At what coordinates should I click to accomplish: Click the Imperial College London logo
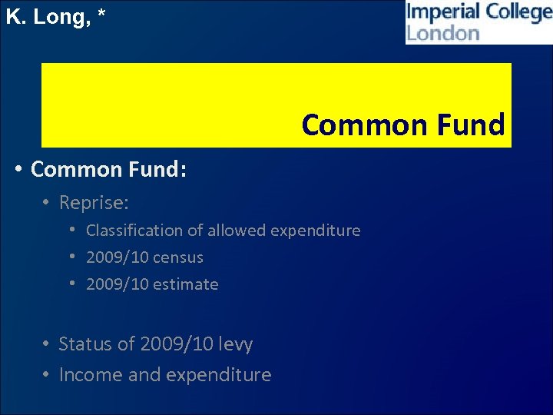[478, 22]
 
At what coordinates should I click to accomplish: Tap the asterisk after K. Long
[101, 15]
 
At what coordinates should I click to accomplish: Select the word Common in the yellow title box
[352, 124]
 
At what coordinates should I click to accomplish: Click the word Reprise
[93, 203]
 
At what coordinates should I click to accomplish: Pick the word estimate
[185, 284]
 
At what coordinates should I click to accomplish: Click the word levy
[235, 344]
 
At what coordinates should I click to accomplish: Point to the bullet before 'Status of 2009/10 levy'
[47, 344]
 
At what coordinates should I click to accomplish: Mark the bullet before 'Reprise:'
[47, 203]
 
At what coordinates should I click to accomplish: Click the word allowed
[234, 231]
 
